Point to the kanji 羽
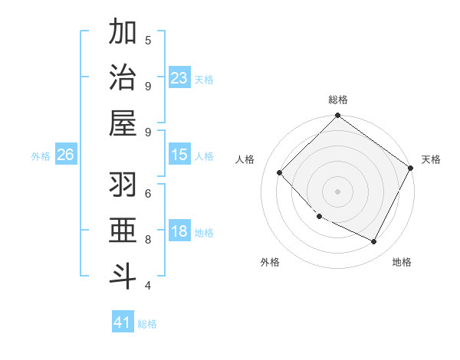pos(123,186)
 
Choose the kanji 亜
pos(123,232)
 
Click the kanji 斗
pos(123,277)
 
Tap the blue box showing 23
pos(179,78)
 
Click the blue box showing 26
pos(65,155)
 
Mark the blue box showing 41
pos(123,322)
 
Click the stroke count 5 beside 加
pos(148,39)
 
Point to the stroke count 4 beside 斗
pos(148,286)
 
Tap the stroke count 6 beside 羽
pos(148,193)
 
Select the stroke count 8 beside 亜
pos(148,239)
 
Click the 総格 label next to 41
pos(148,324)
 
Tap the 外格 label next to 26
pos(41,156)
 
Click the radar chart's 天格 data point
pos(411,168)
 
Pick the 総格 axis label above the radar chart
pos(338,100)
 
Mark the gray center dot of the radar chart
pos(337,191)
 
